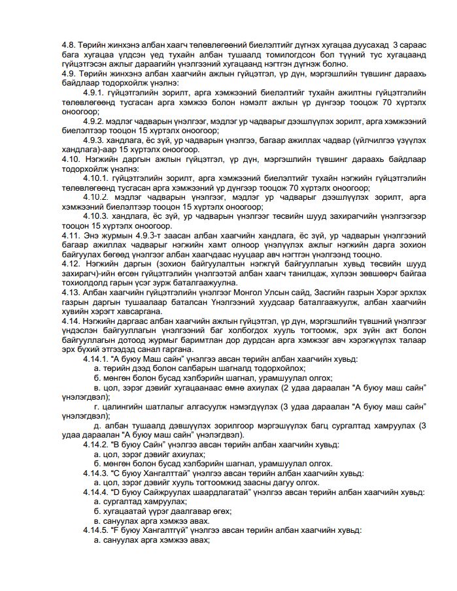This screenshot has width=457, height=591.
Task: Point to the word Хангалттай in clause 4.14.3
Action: [x=163, y=472]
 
